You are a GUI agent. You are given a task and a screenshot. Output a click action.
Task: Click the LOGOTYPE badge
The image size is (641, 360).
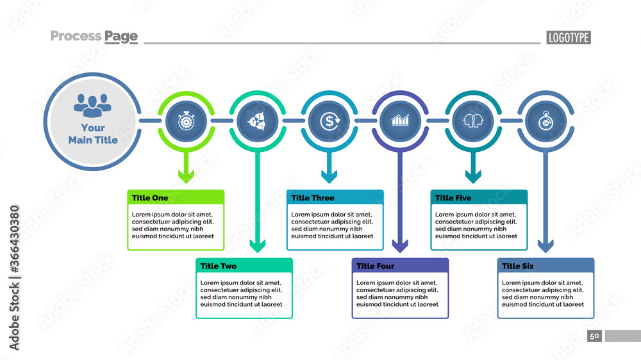pyautogui.click(x=568, y=37)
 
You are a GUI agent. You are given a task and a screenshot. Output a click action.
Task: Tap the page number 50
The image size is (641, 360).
pyautogui.click(x=594, y=336)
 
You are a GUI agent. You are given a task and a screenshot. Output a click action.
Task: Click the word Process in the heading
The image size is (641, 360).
pyautogui.click(x=75, y=36)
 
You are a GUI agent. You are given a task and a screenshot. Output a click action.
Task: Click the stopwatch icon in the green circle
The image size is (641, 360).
pyautogui.click(x=186, y=120)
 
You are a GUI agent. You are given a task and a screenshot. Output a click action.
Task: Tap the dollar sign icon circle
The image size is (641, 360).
pyautogui.click(x=329, y=120)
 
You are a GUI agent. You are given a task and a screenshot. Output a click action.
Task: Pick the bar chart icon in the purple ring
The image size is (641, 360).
pyautogui.click(x=401, y=120)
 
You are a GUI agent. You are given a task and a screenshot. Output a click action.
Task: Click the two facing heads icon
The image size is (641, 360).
pyautogui.click(x=473, y=120)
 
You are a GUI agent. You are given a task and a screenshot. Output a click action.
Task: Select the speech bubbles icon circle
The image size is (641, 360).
pyautogui.click(x=257, y=120)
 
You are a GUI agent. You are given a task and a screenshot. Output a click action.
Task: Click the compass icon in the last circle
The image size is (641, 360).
pyautogui.click(x=545, y=120)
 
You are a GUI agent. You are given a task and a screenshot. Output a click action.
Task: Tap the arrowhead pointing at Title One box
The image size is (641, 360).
pyautogui.click(x=186, y=176)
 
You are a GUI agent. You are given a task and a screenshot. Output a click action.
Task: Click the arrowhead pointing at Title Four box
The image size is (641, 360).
pyautogui.click(x=401, y=245)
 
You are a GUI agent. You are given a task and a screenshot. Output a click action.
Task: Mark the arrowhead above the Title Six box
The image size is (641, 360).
pyautogui.click(x=545, y=245)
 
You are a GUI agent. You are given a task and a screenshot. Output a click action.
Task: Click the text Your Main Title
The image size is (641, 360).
pyautogui.click(x=93, y=134)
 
